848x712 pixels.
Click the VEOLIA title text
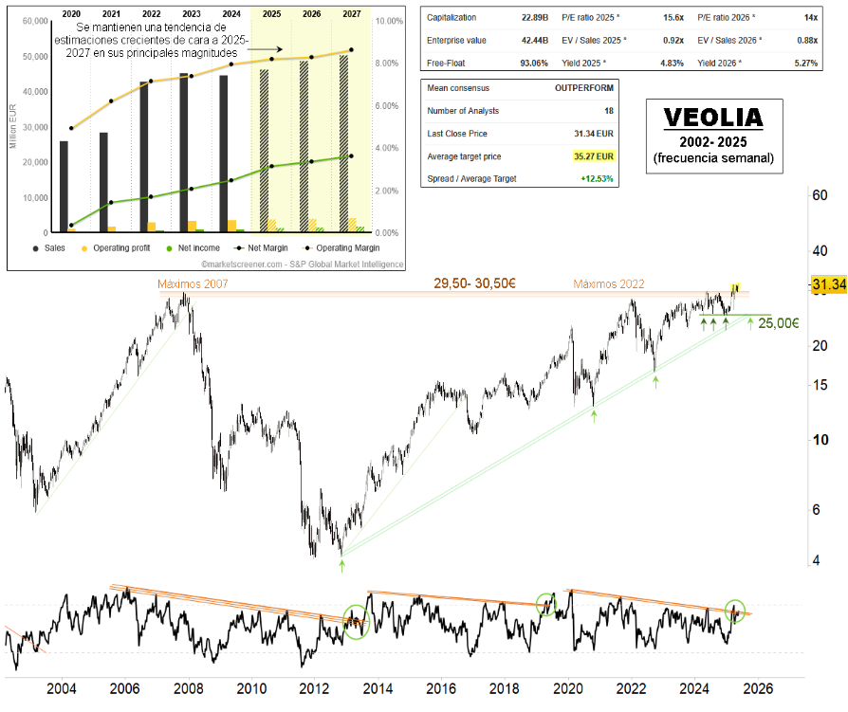[x=713, y=117]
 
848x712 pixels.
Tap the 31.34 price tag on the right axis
[x=828, y=284]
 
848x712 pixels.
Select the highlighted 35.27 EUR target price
[x=594, y=156]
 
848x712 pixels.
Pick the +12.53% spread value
[x=596, y=179]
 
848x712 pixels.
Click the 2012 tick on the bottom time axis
[x=313, y=688]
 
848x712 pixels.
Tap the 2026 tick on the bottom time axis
[x=759, y=688]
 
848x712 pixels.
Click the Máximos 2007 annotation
[x=193, y=283]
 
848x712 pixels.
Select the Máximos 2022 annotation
[x=609, y=283]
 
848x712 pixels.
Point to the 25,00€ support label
[x=778, y=323]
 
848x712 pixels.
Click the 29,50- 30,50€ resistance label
[x=473, y=283]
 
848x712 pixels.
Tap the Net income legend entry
[x=198, y=247]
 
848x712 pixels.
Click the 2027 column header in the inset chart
[x=352, y=14]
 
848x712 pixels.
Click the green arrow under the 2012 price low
[x=341, y=566]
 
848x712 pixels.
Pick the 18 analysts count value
[x=608, y=111]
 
